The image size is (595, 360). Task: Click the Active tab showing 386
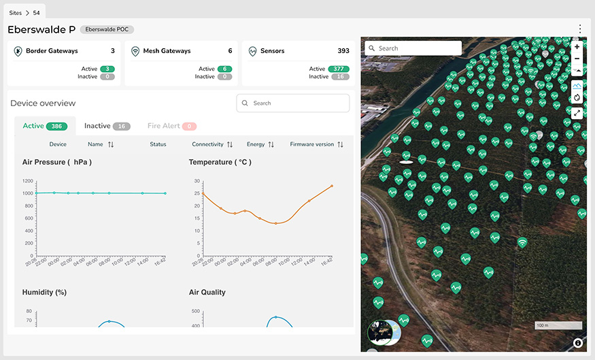(45, 126)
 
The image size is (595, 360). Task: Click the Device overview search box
(293, 103)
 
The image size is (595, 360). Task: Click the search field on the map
(413, 48)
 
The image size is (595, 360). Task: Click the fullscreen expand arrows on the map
(577, 113)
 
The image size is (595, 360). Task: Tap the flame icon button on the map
(577, 97)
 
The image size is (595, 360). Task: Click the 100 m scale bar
(558, 325)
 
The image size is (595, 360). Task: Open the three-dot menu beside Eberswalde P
(580, 29)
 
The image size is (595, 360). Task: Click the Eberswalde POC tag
(107, 30)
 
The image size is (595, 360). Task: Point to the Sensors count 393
(343, 51)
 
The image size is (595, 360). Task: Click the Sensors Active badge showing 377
(338, 69)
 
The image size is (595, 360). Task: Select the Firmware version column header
(316, 144)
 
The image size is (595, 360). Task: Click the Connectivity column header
(212, 144)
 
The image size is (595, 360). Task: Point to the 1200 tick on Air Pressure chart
(27, 181)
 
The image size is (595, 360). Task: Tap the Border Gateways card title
(52, 51)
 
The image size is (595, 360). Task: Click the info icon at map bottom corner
(577, 343)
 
